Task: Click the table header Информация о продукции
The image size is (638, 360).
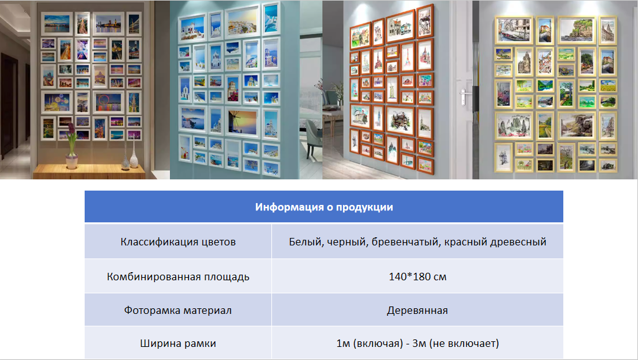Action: click(324, 207)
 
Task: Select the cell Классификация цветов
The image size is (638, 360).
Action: click(178, 242)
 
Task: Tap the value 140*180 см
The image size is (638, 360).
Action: click(418, 277)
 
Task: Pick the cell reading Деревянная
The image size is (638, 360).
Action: click(418, 310)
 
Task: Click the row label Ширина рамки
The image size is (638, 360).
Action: click(178, 343)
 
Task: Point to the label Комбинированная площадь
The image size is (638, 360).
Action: click(178, 277)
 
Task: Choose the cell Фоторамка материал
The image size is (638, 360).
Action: click(178, 310)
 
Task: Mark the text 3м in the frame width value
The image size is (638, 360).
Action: click(419, 343)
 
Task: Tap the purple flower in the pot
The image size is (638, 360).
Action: click(71, 130)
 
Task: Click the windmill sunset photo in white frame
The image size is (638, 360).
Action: click(243, 123)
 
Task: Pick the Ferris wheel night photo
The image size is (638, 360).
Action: click(108, 102)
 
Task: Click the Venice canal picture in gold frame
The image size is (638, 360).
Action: click(514, 30)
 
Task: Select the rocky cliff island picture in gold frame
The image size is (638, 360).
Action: click(576, 30)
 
